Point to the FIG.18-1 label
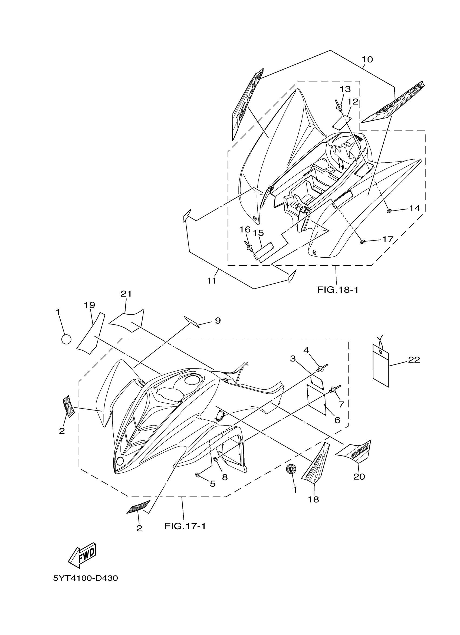[338, 290]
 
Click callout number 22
[414, 360]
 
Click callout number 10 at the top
[367, 59]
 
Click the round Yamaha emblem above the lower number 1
[291, 469]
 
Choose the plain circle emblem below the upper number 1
[66, 339]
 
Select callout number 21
[126, 294]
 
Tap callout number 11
[211, 280]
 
